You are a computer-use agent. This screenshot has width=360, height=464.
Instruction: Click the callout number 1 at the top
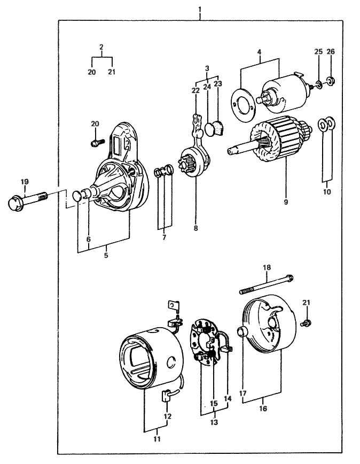[199, 10]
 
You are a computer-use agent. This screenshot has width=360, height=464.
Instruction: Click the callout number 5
[105, 256]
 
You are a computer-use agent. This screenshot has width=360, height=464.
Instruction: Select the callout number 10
[326, 191]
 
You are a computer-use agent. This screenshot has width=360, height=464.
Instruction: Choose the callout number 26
[331, 51]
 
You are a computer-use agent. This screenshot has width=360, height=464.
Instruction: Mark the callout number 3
[207, 68]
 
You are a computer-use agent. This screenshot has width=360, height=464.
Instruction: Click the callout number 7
[164, 237]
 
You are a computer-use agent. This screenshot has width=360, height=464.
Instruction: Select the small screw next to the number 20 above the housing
[96, 143]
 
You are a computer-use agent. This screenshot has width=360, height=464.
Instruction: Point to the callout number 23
[217, 83]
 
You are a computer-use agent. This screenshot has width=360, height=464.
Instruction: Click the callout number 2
[101, 48]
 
